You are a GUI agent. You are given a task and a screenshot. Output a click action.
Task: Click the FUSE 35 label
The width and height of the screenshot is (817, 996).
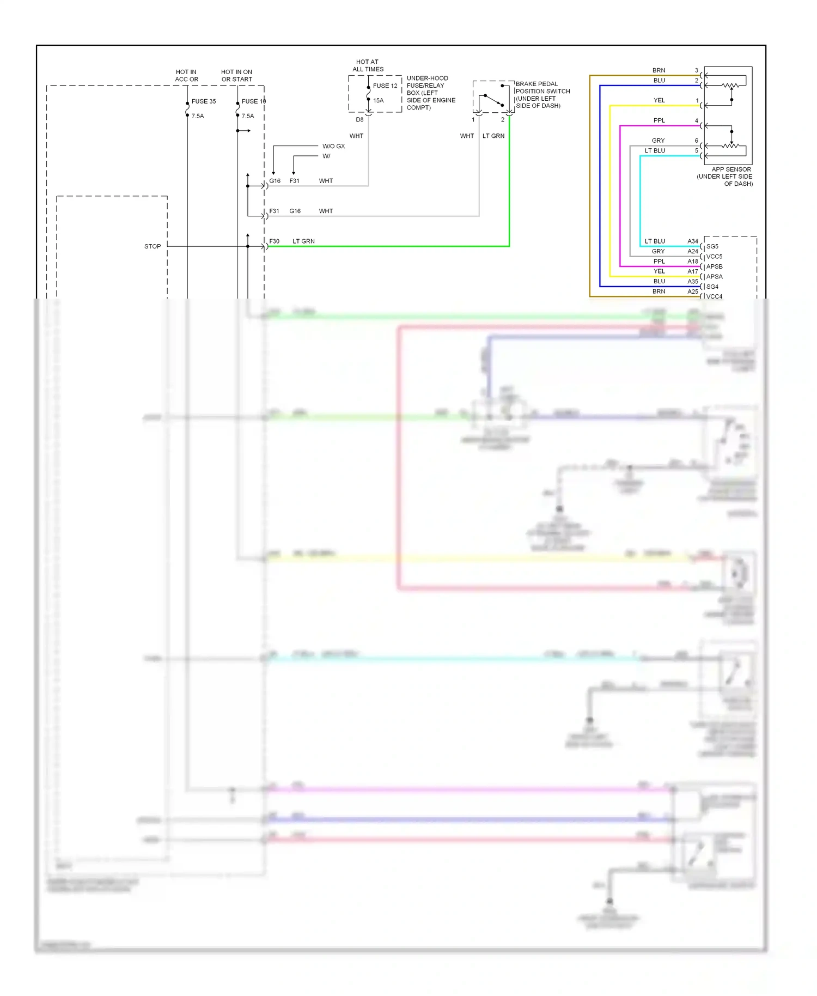pyautogui.click(x=203, y=101)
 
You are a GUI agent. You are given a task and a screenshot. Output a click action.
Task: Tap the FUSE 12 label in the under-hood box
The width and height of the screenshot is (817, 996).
pyautogui.click(x=385, y=86)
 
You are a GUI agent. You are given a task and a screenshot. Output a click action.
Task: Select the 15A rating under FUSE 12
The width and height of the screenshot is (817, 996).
pyautogui.click(x=378, y=100)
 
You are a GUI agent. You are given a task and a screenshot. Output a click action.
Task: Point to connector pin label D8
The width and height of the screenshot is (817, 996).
pyautogui.click(x=359, y=120)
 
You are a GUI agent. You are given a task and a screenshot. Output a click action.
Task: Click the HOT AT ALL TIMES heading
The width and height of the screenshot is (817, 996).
pyautogui.click(x=368, y=65)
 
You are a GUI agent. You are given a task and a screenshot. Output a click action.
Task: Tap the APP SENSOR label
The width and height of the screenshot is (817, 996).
pyautogui.click(x=730, y=169)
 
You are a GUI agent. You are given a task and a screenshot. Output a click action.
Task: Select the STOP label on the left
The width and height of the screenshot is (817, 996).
pyautogui.click(x=153, y=246)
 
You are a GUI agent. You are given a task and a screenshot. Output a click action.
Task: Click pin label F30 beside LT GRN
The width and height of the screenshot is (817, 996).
pyautogui.click(x=274, y=241)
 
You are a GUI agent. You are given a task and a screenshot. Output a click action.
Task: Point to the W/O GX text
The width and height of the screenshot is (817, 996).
pyautogui.click(x=333, y=146)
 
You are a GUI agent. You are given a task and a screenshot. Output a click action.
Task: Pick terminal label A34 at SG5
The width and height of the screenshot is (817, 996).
pyautogui.click(x=692, y=241)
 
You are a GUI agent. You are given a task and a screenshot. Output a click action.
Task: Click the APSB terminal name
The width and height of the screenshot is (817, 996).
pyautogui.click(x=714, y=266)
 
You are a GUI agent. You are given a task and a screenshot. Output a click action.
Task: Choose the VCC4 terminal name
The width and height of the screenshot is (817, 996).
pyautogui.click(x=714, y=296)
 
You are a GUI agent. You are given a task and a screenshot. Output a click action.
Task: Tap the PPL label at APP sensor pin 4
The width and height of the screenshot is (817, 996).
pyautogui.click(x=659, y=120)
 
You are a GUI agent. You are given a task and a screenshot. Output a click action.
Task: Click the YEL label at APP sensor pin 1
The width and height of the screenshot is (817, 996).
pyautogui.click(x=659, y=100)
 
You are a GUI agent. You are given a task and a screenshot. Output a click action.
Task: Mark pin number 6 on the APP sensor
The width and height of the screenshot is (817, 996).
pyautogui.click(x=696, y=141)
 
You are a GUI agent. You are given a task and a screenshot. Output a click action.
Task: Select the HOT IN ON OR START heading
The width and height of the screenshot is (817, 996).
pyautogui.click(x=236, y=76)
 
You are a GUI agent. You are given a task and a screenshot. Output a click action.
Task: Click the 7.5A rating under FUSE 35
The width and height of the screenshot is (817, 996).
pyautogui.click(x=198, y=116)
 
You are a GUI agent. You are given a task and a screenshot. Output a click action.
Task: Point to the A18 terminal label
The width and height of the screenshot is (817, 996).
pyautogui.click(x=692, y=262)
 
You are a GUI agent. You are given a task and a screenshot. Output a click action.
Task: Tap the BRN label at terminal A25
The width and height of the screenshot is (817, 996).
pyautogui.click(x=659, y=291)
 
